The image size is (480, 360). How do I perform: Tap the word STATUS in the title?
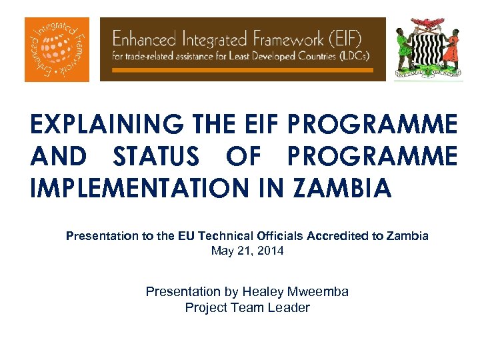tap(156, 157)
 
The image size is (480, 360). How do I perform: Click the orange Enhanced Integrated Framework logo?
tap(57, 49)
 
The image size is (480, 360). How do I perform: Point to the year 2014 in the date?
tap(271, 251)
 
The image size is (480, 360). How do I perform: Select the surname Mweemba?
tap(319, 291)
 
